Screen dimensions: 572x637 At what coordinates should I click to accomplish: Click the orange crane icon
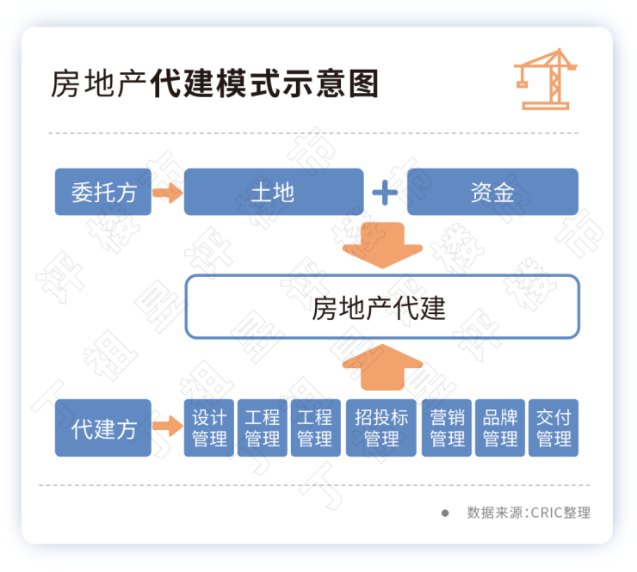tap(544, 78)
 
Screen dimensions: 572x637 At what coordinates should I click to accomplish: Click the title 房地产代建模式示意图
tap(214, 84)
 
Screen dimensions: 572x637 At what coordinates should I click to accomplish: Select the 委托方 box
tap(103, 192)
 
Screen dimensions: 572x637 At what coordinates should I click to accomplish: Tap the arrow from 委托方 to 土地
tap(168, 192)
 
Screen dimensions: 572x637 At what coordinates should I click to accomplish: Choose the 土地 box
tap(273, 192)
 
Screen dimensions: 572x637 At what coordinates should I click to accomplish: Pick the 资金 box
tap(492, 192)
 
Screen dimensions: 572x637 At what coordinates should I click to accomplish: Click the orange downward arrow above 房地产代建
tap(383, 242)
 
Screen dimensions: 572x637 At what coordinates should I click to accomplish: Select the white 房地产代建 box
tap(382, 307)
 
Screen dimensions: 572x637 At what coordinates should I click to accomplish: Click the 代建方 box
tap(103, 427)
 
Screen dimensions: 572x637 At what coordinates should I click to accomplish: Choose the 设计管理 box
tap(209, 427)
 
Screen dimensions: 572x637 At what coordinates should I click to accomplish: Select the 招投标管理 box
tap(381, 427)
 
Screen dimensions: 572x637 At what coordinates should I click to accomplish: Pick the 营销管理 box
tap(448, 427)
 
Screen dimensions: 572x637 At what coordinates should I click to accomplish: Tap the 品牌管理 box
tap(500, 427)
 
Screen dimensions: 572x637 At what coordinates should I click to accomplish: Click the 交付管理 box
tap(554, 427)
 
